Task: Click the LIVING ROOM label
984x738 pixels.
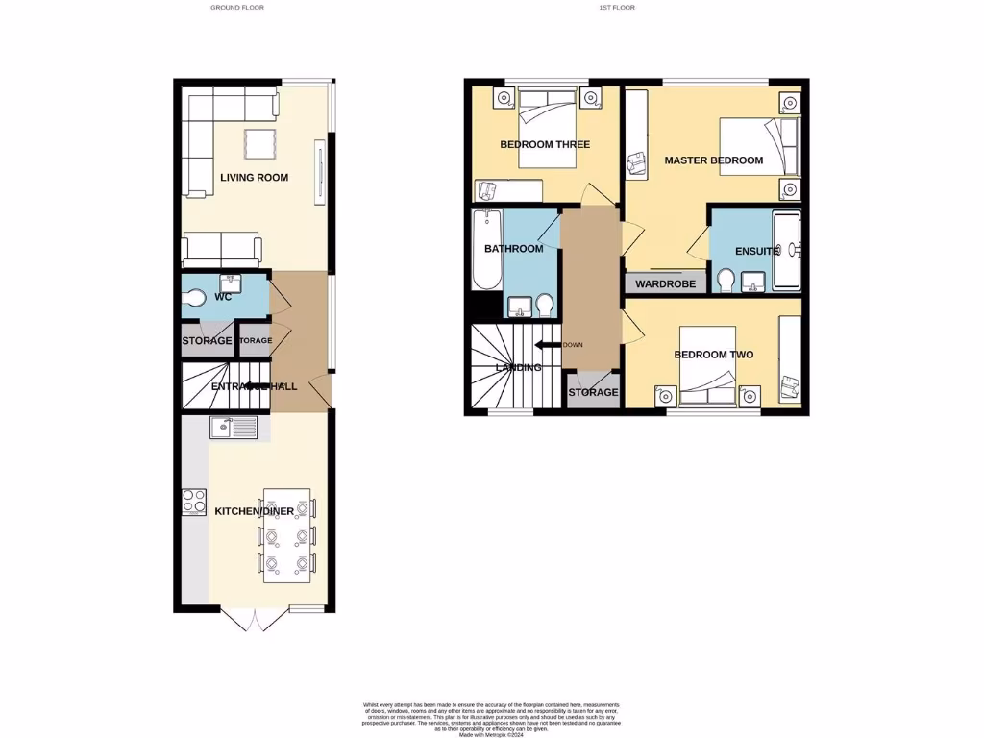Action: click(254, 177)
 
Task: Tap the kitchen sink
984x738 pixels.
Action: click(234, 428)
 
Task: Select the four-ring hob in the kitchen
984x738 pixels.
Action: click(194, 502)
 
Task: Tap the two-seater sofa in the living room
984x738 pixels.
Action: click(222, 249)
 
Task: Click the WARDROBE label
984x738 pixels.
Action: click(665, 284)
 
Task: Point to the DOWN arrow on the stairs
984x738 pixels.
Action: click(548, 344)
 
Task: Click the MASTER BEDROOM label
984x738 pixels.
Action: click(714, 160)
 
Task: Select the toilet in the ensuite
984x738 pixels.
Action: click(726, 281)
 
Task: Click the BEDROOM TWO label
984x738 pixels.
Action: click(713, 355)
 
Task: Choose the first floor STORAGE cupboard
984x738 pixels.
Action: click(593, 391)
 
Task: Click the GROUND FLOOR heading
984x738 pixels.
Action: click(237, 7)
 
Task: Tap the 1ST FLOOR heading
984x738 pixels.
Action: click(617, 7)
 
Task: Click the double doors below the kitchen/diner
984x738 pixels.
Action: click(251, 620)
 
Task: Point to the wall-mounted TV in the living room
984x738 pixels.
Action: click(318, 172)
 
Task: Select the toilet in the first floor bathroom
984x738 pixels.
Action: click(546, 305)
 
